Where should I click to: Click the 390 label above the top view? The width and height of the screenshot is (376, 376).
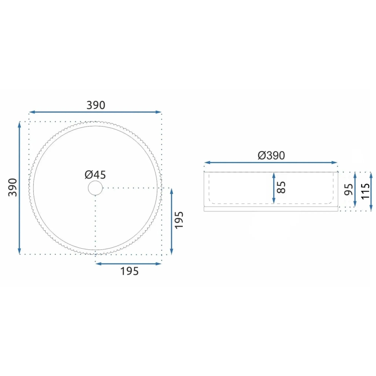96,105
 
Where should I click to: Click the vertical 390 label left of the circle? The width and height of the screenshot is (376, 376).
13,187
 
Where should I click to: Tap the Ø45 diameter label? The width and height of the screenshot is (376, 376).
95,175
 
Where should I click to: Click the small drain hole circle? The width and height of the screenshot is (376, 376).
95,188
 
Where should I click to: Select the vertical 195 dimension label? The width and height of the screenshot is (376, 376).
180,220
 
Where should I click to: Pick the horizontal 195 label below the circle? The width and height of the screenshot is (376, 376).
129,272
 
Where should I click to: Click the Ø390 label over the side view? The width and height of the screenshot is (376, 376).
271,156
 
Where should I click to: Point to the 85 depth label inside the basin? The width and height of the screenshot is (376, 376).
282,187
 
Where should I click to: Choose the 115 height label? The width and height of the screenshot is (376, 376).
365,191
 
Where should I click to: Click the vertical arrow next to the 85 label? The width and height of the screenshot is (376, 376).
274,187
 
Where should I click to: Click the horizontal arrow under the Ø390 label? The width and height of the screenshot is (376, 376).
271,163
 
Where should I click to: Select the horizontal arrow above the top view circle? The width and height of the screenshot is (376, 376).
95,112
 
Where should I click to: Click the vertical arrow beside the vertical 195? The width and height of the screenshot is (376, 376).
172,221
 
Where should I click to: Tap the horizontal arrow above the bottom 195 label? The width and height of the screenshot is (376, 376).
128,263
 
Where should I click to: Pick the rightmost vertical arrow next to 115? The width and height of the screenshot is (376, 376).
371,191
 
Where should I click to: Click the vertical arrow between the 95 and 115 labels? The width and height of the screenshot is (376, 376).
355,189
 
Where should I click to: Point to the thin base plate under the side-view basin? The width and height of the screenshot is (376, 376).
271,209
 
